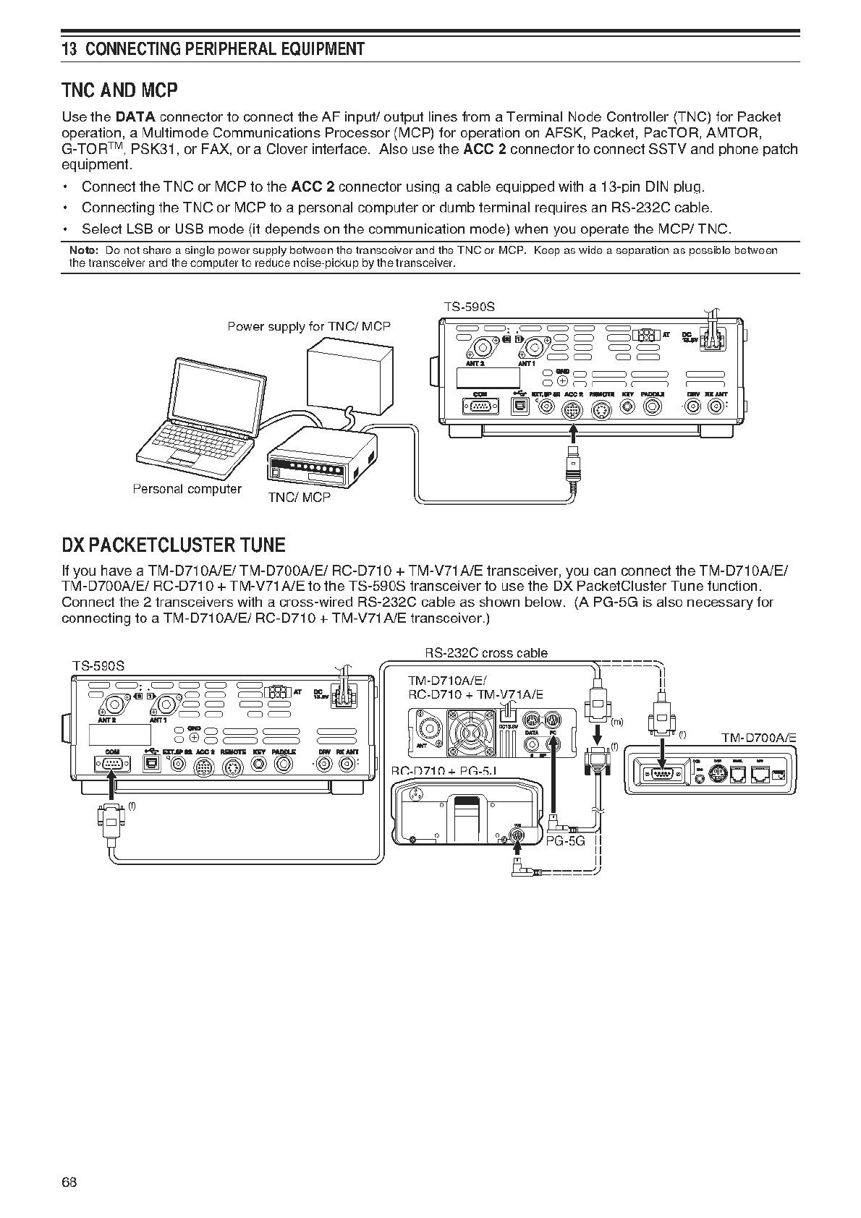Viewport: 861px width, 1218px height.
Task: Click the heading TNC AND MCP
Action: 119,90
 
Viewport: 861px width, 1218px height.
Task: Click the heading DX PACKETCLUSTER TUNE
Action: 174,545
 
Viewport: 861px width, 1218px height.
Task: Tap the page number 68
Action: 69,1182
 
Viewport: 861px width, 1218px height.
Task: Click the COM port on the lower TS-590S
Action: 111,765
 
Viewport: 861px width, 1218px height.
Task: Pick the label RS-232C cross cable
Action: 486,653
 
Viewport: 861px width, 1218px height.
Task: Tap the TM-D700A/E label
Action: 758,738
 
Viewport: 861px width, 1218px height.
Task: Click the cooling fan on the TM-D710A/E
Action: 467,731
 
